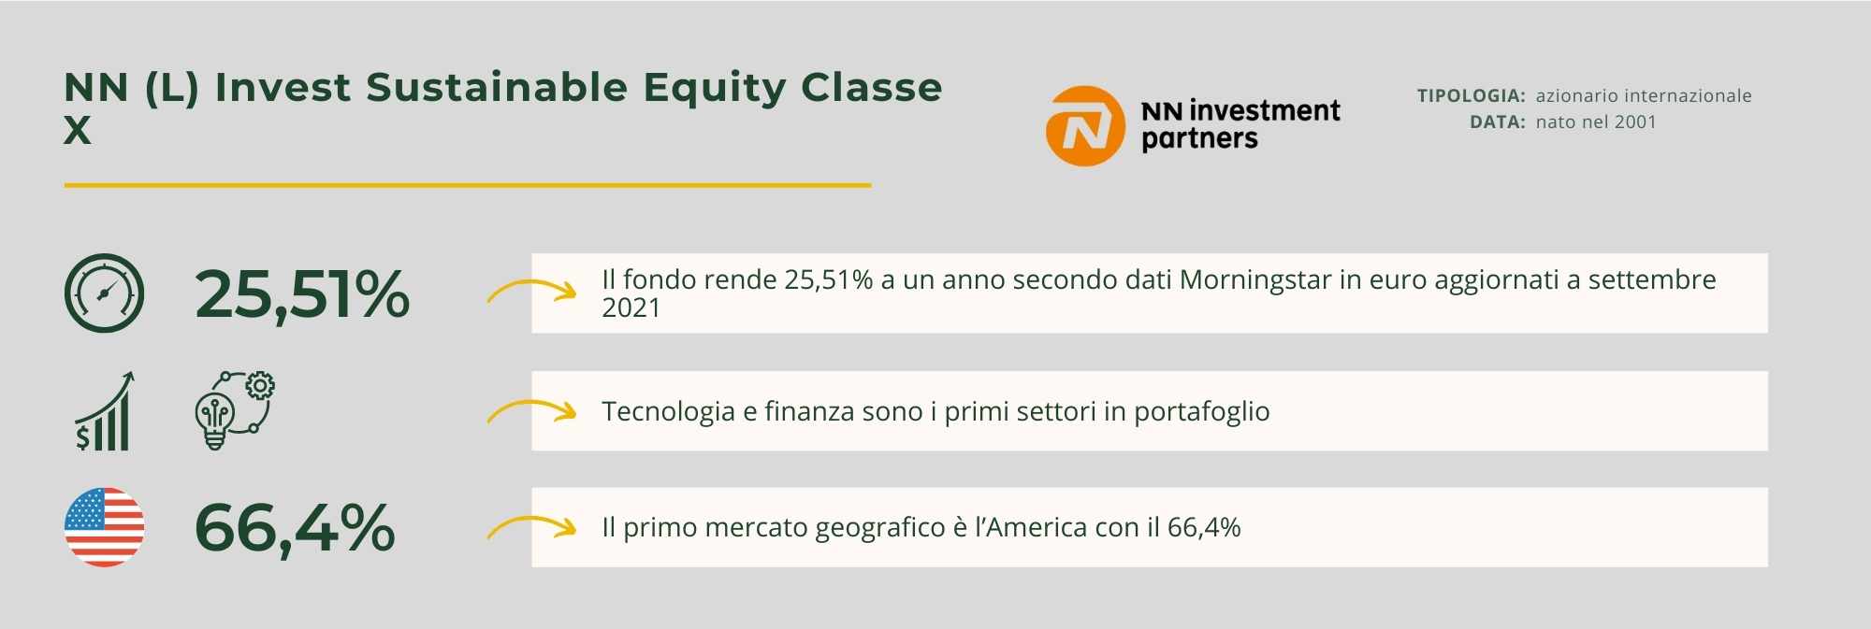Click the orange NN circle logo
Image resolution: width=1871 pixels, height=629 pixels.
1084,126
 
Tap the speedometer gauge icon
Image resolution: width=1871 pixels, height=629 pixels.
104,293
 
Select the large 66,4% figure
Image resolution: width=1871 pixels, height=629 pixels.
295,528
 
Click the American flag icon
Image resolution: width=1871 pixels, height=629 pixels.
104,527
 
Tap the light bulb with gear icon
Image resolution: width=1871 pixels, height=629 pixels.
234,411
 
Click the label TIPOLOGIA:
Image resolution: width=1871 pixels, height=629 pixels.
1472,95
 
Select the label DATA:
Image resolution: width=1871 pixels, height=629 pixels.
1498,122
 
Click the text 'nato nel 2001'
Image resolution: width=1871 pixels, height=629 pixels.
1596,122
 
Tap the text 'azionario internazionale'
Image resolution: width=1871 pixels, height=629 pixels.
1644,95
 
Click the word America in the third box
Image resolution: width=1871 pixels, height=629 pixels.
1037,528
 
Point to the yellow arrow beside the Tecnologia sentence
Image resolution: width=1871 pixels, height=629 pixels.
531,410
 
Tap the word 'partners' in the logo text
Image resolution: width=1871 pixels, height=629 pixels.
1199,140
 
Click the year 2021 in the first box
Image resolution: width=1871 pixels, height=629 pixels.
631,308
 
